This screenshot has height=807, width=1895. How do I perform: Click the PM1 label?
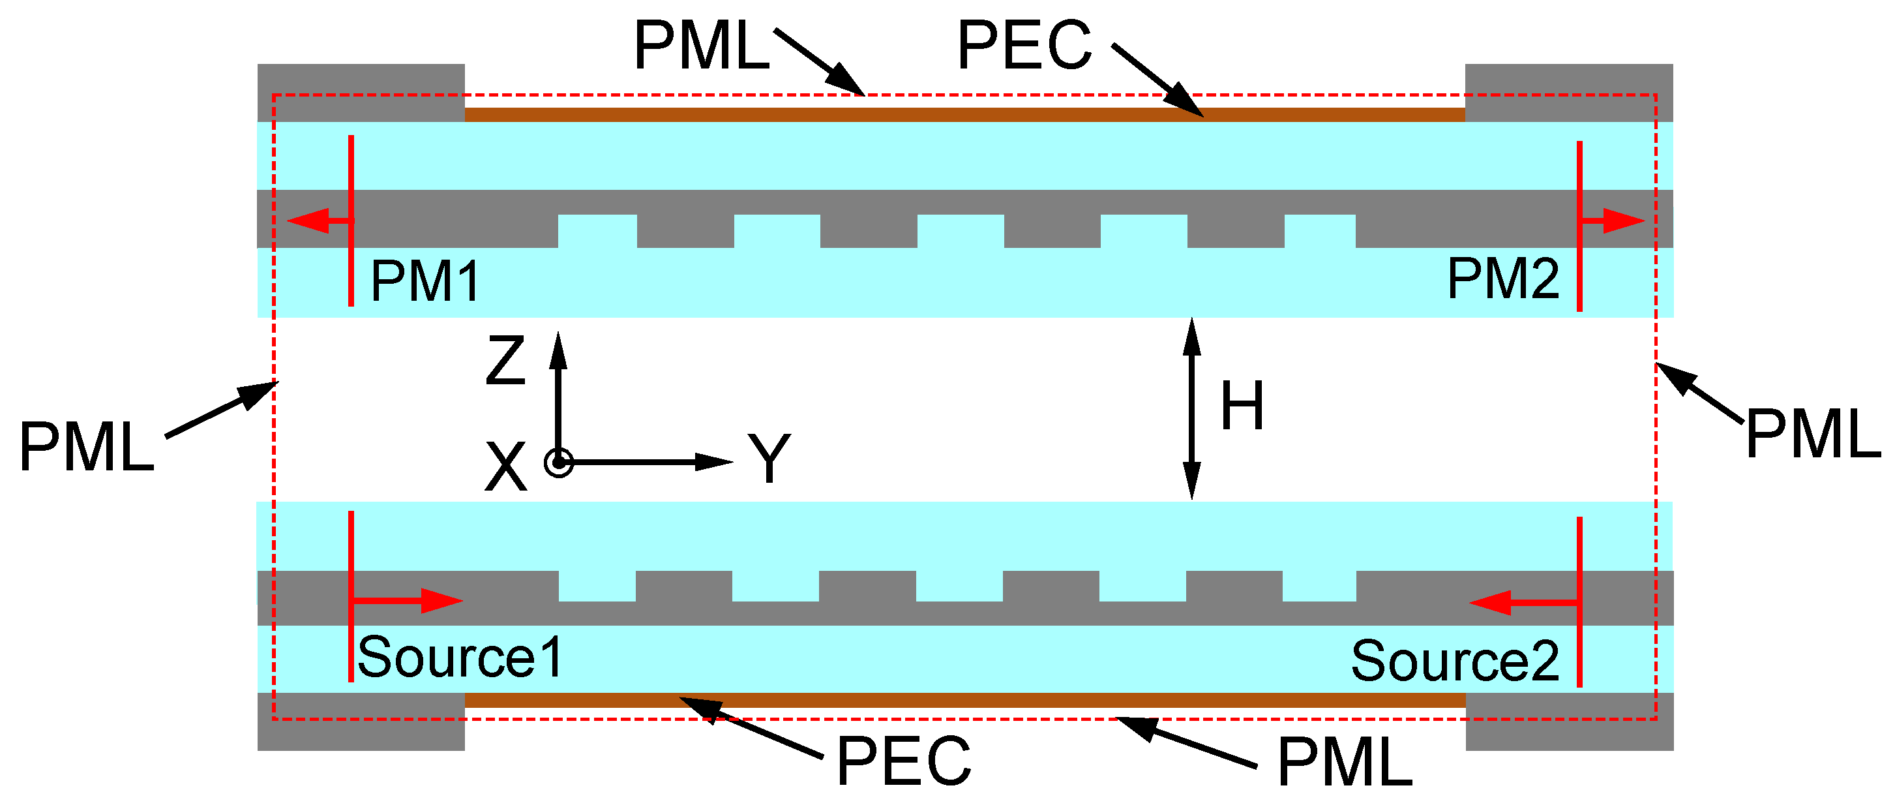[425, 281]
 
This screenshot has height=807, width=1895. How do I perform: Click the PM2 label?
[1502, 279]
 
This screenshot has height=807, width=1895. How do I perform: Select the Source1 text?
[460, 657]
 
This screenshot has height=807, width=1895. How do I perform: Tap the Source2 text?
[1454, 661]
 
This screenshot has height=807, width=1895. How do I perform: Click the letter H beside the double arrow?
[1242, 405]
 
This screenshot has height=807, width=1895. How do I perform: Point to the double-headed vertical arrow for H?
[1192, 408]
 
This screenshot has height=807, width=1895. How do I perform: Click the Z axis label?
[505, 361]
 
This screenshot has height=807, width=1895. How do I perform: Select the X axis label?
[505, 466]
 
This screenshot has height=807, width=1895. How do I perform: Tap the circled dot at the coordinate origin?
[558, 463]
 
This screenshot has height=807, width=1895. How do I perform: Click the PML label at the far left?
[86, 446]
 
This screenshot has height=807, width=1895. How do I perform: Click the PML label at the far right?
[1813, 434]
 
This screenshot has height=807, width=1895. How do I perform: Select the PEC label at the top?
[1024, 46]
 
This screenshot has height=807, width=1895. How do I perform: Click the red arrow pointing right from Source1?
[408, 600]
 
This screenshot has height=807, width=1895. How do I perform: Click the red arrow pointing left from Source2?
[1523, 603]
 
